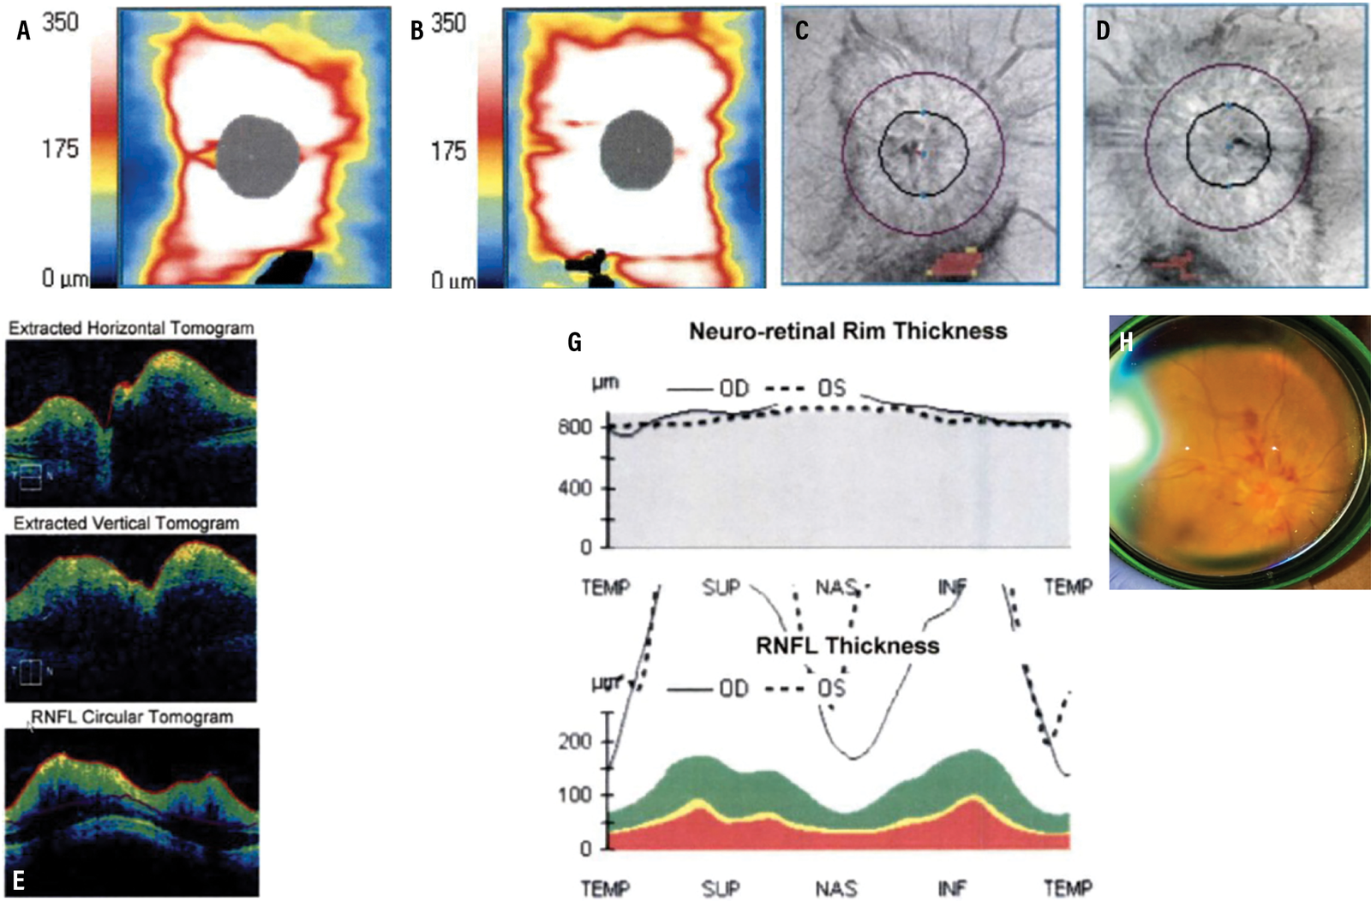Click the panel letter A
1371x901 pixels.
tap(23, 31)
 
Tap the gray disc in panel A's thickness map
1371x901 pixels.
tap(258, 156)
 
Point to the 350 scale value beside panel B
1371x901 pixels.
tap(448, 24)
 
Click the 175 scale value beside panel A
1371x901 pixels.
tap(60, 149)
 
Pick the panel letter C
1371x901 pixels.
tap(801, 31)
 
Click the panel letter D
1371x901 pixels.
tap(1103, 31)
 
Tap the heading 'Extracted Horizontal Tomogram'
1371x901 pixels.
tap(131, 328)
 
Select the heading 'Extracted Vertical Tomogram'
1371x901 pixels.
tap(126, 523)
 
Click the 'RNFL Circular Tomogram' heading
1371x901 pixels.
tap(132, 717)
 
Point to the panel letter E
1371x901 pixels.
tap(18, 880)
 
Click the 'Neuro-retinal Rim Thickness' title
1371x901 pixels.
tap(847, 331)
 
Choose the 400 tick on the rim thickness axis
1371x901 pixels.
tap(574, 488)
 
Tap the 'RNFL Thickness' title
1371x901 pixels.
tap(847, 646)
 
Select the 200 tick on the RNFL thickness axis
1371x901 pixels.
tap(574, 742)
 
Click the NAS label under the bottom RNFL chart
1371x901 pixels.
tap(835, 888)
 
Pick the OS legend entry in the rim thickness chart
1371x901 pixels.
tap(830, 389)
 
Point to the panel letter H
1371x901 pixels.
tap(1126, 342)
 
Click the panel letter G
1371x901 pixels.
tap(574, 343)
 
